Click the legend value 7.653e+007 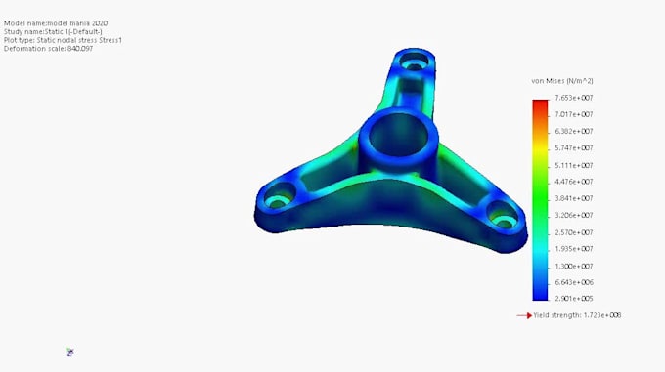(574, 98)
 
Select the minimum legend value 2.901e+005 (574, 298)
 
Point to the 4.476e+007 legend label (574, 182)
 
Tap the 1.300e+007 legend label (574, 266)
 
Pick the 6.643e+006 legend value (574, 282)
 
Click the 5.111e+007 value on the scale (574, 165)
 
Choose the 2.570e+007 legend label (574, 232)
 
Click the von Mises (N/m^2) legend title (562, 80)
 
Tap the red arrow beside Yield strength (523, 315)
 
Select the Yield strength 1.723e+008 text (578, 315)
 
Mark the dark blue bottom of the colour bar (540, 294)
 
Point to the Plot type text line (63, 40)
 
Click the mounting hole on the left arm (280, 192)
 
